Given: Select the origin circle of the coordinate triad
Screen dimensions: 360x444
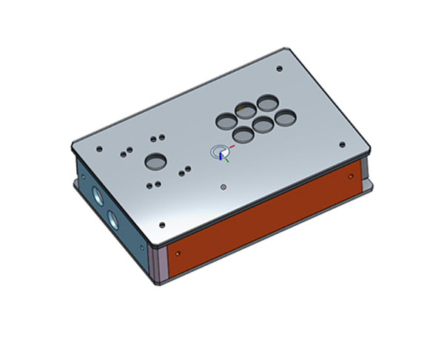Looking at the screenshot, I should tap(218, 152).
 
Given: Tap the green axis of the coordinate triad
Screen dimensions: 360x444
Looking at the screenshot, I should tap(228, 158).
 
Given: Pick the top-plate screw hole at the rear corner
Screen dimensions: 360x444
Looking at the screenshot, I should tap(278, 68).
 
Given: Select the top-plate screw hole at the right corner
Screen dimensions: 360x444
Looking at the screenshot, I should tap(341, 144).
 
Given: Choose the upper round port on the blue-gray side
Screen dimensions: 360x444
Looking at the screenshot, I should tap(99, 196).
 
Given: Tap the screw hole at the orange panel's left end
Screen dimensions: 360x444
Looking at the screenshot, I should tap(178, 251).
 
